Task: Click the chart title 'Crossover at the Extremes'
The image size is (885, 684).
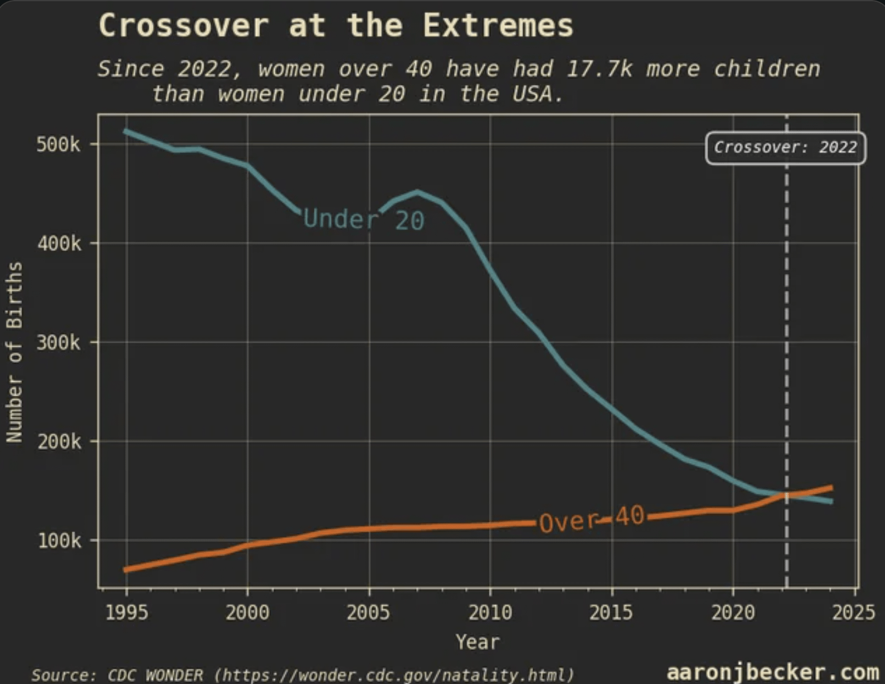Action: tap(335, 26)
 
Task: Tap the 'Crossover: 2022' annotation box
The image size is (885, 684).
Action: tap(785, 147)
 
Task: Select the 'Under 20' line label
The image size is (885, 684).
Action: tap(364, 219)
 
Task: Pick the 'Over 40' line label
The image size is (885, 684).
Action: tap(591, 519)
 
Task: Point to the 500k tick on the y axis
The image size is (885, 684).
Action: tap(58, 145)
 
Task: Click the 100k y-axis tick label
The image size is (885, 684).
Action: tap(59, 541)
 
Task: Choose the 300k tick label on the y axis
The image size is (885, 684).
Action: tap(58, 343)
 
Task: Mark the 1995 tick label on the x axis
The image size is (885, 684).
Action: tap(127, 612)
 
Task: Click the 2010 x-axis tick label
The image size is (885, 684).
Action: tap(490, 612)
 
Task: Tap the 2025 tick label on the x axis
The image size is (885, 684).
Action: tap(854, 612)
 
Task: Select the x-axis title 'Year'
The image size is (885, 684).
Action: tap(477, 642)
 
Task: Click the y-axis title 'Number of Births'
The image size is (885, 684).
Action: tap(15, 352)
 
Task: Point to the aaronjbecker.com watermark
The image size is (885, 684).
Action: tap(772, 672)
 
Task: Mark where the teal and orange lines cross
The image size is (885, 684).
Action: tap(785, 495)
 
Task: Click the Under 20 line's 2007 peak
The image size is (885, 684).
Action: tap(417, 192)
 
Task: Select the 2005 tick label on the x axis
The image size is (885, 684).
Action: tap(368, 612)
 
